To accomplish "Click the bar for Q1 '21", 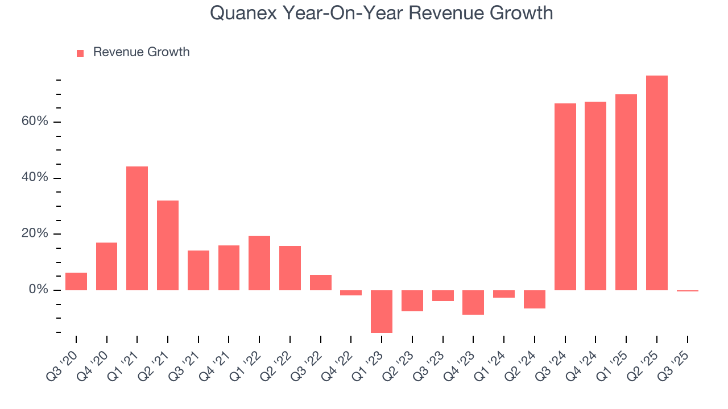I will [x=137, y=228].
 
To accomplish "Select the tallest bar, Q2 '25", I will [x=656, y=183].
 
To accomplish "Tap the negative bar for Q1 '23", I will [x=382, y=311].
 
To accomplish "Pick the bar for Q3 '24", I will [x=565, y=197].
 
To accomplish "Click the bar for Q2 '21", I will [x=168, y=245].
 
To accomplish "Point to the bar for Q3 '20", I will [x=76, y=282].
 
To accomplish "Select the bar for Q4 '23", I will [x=473, y=302].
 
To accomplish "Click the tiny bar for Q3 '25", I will [x=687, y=291].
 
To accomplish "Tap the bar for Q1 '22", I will [x=259, y=263].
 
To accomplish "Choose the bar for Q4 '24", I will [x=595, y=196].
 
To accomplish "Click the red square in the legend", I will [x=80, y=53].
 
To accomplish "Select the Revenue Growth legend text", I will [x=141, y=52].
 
